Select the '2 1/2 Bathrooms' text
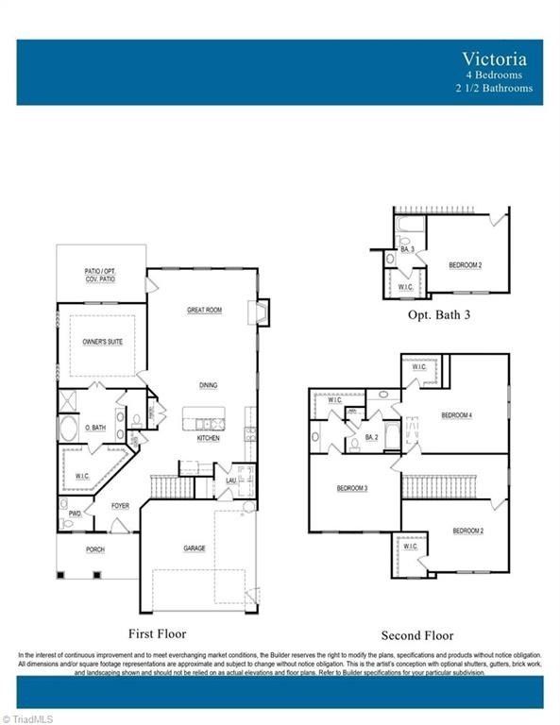coord(494,88)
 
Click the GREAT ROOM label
coord(204,310)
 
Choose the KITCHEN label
coord(209,439)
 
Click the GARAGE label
coord(195,548)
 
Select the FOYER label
coord(120,506)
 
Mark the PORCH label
coord(95,549)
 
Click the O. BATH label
coord(94,428)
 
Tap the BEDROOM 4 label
coord(456,415)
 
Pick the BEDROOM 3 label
coord(352,488)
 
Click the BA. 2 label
coord(371,438)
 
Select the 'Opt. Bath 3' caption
coord(439,315)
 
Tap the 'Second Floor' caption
coord(417,635)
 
